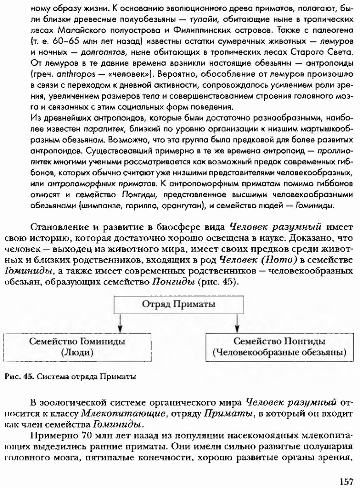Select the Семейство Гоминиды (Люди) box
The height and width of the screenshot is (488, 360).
(x=77, y=347)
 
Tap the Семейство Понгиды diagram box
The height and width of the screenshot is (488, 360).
(x=279, y=347)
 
